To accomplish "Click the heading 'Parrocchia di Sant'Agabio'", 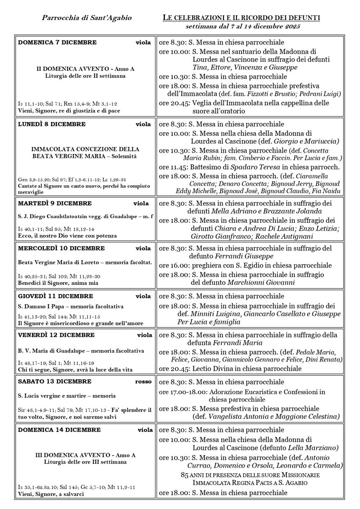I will (x=87, y=18).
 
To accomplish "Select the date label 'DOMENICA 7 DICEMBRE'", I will (x=57, y=42).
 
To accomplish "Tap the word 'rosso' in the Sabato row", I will (x=143, y=382).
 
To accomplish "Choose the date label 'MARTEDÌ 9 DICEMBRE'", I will (x=55, y=203).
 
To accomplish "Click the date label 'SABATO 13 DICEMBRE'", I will (x=54, y=382).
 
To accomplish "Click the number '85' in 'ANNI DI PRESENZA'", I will (x=185, y=475).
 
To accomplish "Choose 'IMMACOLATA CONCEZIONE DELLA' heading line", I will (x=85, y=149).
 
